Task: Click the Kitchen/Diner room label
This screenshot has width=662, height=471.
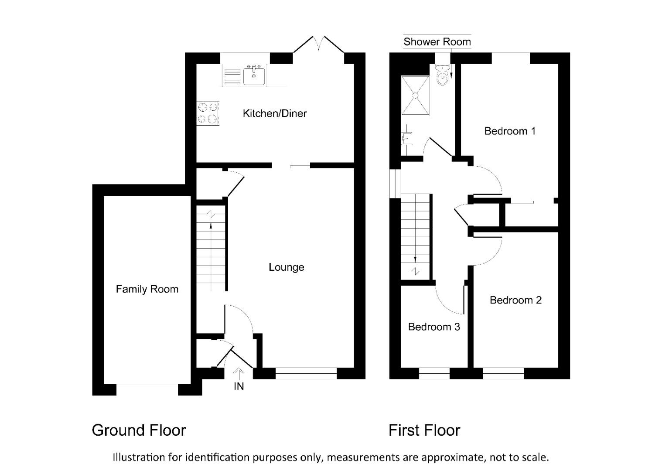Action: (x=274, y=113)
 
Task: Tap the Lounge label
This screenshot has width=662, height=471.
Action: (x=286, y=267)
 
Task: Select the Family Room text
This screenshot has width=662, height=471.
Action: (x=147, y=289)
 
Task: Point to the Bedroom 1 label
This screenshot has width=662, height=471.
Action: (x=510, y=131)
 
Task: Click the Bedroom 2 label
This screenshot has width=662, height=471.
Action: (x=515, y=300)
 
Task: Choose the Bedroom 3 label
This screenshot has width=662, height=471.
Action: (x=434, y=327)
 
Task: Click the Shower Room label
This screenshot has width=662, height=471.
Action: (x=437, y=42)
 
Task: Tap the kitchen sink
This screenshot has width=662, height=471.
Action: (x=254, y=75)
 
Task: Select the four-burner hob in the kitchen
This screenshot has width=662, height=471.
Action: (x=208, y=113)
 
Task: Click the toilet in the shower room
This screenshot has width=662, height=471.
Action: (x=443, y=75)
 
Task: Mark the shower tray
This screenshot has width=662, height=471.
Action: (x=415, y=95)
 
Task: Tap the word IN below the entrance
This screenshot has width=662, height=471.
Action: (x=239, y=386)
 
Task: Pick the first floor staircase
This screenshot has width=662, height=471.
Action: (x=416, y=235)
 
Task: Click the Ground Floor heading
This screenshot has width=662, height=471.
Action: (x=139, y=430)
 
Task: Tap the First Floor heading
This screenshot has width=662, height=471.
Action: (x=424, y=430)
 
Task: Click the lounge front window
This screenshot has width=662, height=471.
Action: (x=306, y=373)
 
